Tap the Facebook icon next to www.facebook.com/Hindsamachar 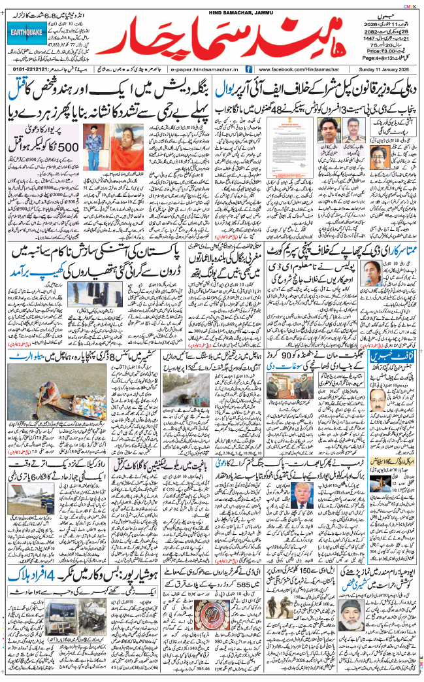tap(249, 69)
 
